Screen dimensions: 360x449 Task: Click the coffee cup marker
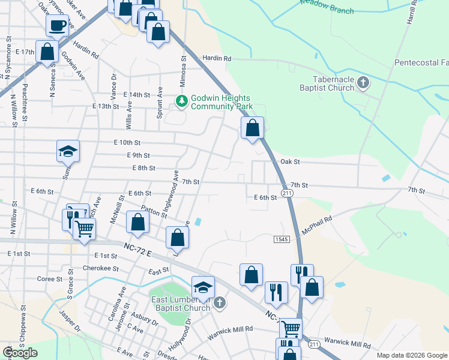(x=57, y=26)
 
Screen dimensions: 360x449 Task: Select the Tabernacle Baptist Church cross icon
(x=363, y=83)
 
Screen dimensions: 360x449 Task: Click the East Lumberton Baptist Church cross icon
(x=220, y=303)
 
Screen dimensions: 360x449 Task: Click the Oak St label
(x=289, y=162)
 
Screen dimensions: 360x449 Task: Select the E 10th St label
(x=127, y=143)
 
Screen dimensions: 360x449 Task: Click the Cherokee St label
(x=97, y=268)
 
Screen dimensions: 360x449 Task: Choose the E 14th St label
(x=136, y=95)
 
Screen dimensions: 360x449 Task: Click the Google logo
(x=20, y=353)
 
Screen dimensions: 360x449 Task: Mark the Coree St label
(x=50, y=279)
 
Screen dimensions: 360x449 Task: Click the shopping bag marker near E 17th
(x=47, y=52)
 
